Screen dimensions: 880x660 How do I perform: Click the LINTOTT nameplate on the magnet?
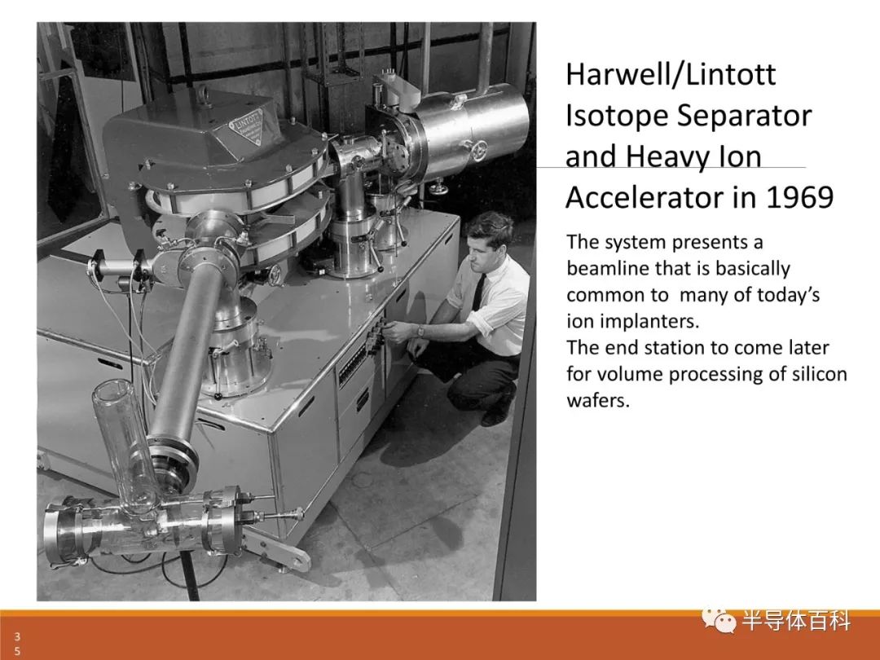[x=248, y=126]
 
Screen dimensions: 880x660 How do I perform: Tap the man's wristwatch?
[x=420, y=331]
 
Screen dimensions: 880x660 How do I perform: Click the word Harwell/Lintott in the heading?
[x=671, y=75]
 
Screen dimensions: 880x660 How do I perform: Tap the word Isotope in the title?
[x=616, y=117]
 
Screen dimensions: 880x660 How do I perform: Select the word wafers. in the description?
[x=598, y=400]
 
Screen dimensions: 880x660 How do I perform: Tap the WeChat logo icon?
[x=718, y=619]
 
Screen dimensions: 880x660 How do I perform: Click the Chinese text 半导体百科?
[x=796, y=621]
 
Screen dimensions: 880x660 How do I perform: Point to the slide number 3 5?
[x=17, y=643]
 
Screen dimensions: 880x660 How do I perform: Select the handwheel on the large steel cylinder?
[x=478, y=150]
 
